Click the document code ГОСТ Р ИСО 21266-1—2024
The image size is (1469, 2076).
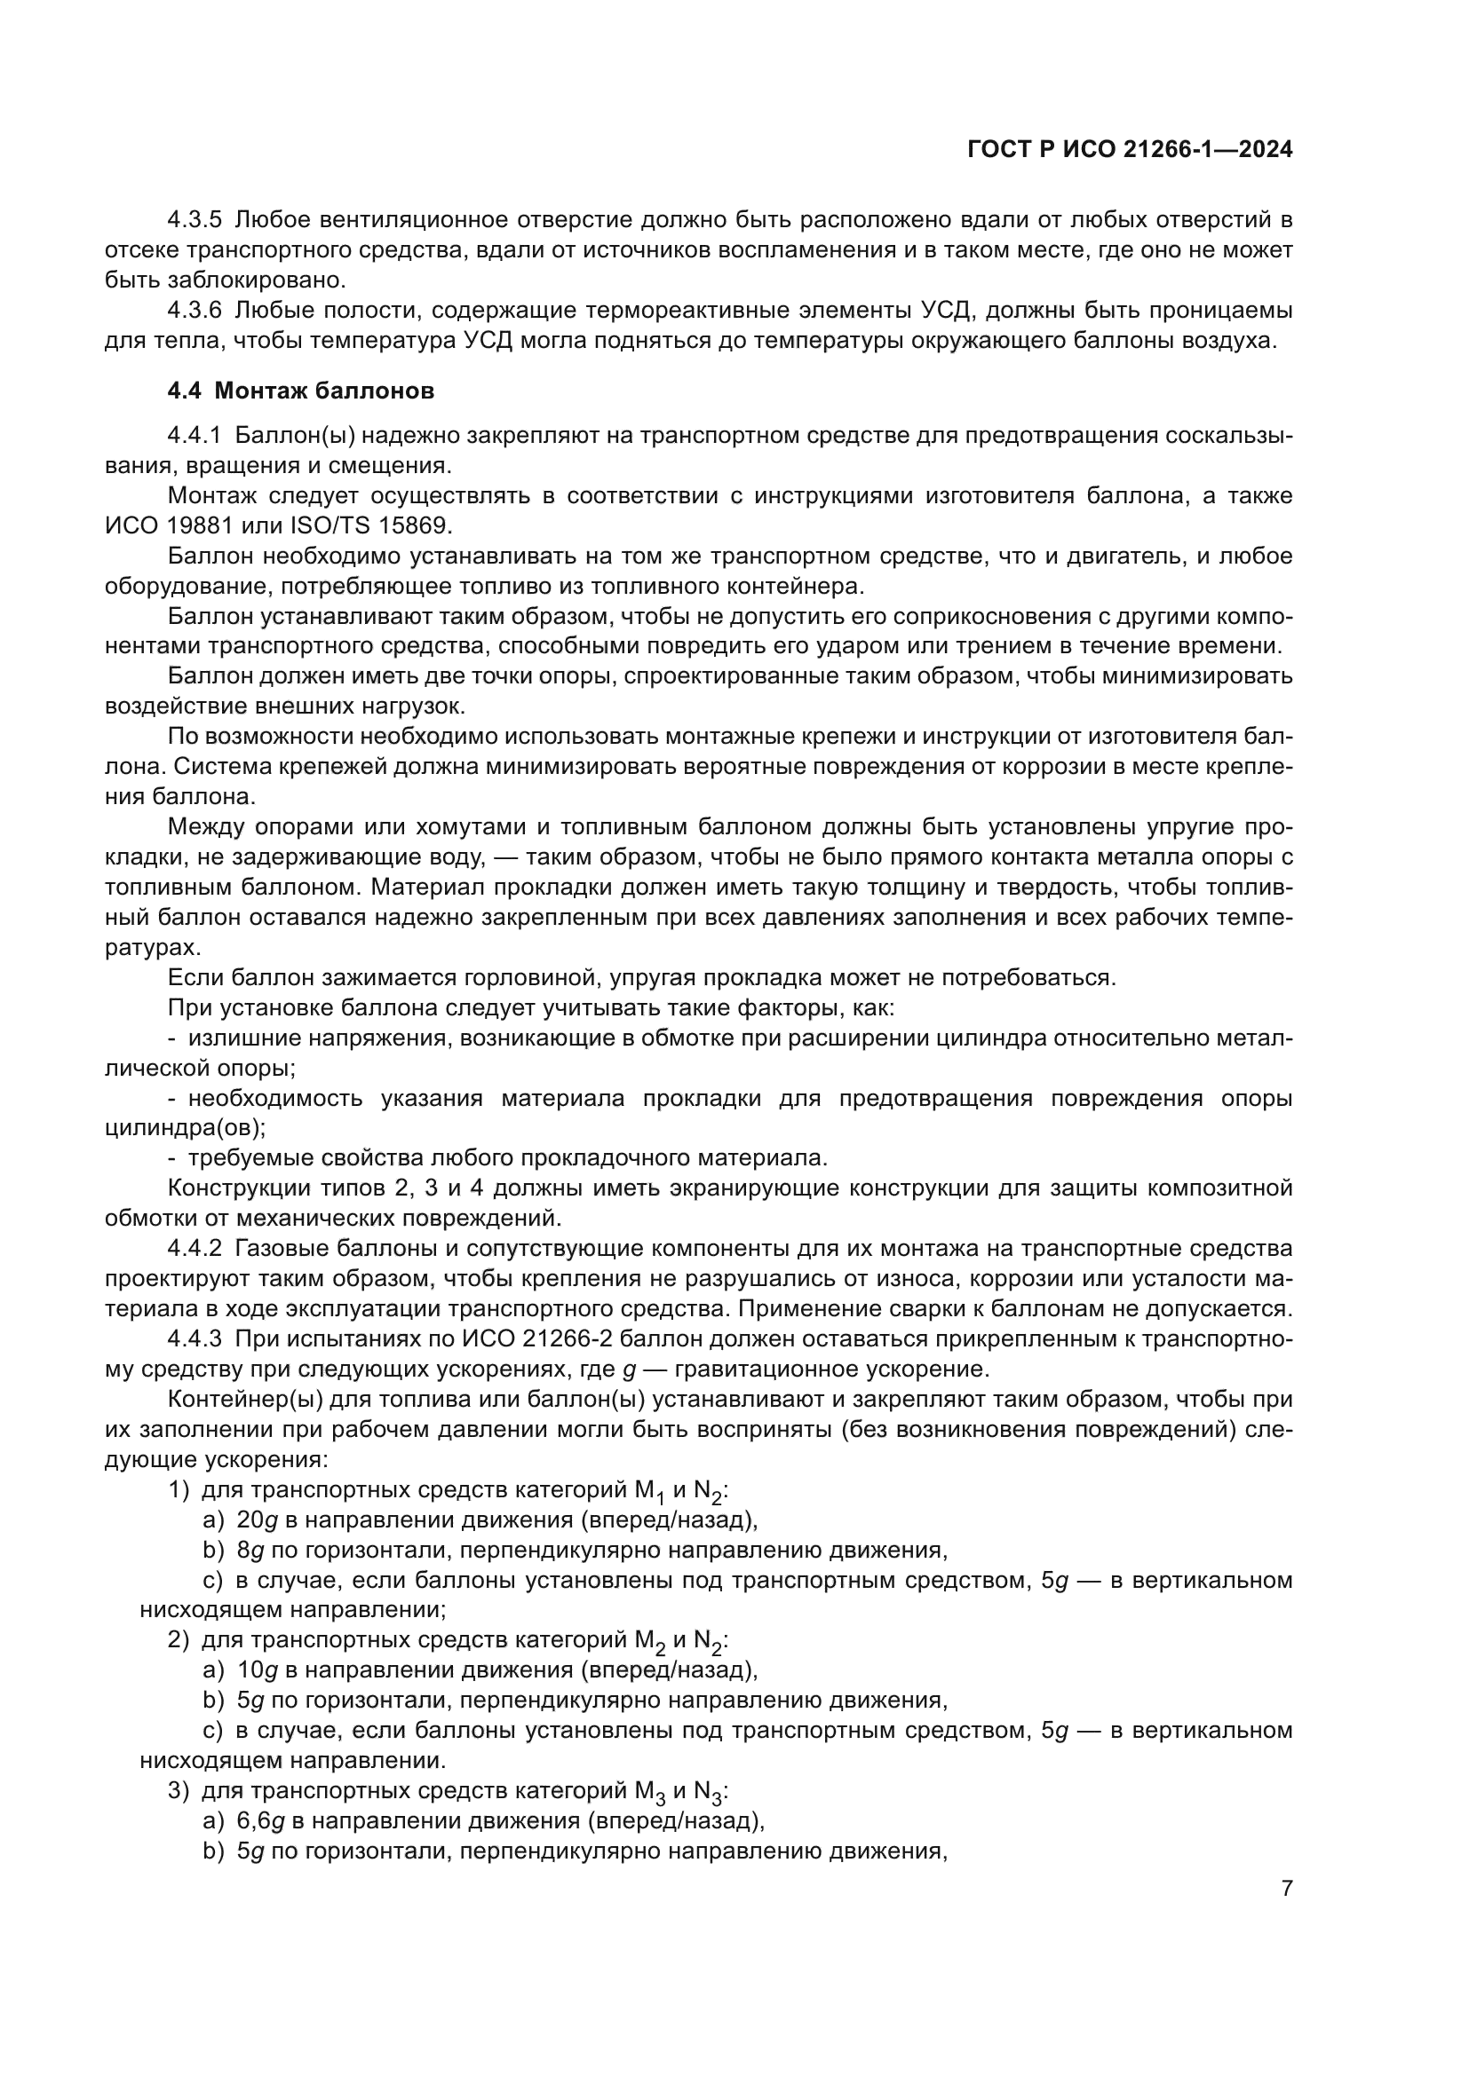click(x=1129, y=150)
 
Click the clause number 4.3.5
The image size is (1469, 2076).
click(x=195, y=219)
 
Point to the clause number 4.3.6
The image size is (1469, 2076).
click(x=195, y=310)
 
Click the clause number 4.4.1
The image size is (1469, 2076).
click(x=195, y=436)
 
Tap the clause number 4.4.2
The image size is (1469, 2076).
click(x=195, y=1249)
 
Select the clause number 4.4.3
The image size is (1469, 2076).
click(x=195, y=1339)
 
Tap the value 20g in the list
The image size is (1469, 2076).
click(x=256, y=1520)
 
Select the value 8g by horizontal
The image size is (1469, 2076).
click(x=250, y=1550)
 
